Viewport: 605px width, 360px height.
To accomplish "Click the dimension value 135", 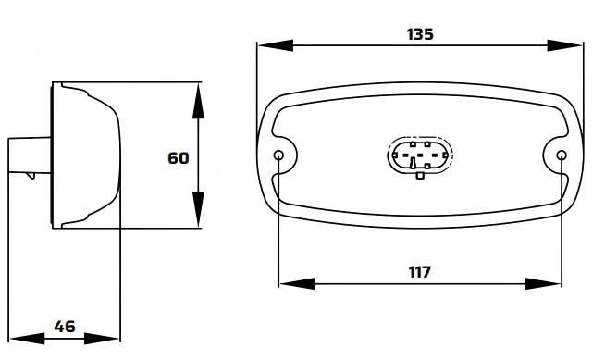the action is point(420,34).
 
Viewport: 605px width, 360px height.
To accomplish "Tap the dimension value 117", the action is point(419,272).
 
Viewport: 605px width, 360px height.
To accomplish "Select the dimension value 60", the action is point(179,158).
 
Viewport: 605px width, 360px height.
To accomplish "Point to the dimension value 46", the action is point(65,327).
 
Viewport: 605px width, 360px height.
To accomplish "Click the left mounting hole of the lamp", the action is point(278,155).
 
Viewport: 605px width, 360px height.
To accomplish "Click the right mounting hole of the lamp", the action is point(562,155).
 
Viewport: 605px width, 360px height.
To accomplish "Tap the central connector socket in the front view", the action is point(420,155).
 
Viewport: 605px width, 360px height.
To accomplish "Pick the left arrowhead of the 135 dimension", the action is point(275,45).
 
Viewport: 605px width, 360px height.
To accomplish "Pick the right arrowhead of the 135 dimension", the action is point(565,45).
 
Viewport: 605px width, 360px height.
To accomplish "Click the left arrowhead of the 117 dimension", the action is point(297,283).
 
